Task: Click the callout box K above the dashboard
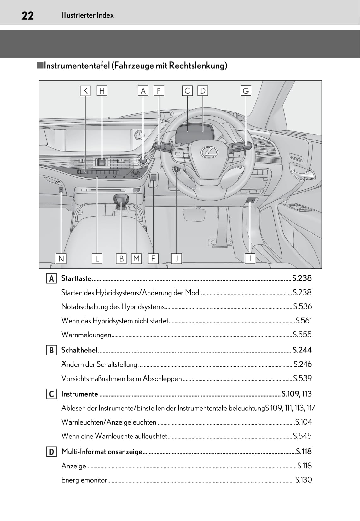85,91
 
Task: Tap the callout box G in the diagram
246,91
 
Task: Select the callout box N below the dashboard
61,259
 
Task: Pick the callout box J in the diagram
177,259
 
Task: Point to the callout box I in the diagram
250,259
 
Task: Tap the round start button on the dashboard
143,160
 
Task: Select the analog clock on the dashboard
139,135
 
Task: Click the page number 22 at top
28,15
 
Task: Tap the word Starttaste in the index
76,278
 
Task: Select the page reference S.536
302,306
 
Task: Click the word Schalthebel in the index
79,350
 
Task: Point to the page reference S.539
302,378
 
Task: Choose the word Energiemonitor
84,480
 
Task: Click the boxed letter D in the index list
51,452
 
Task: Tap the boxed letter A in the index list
51,279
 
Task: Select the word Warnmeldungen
86,335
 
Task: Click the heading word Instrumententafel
77,66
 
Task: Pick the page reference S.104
303,422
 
